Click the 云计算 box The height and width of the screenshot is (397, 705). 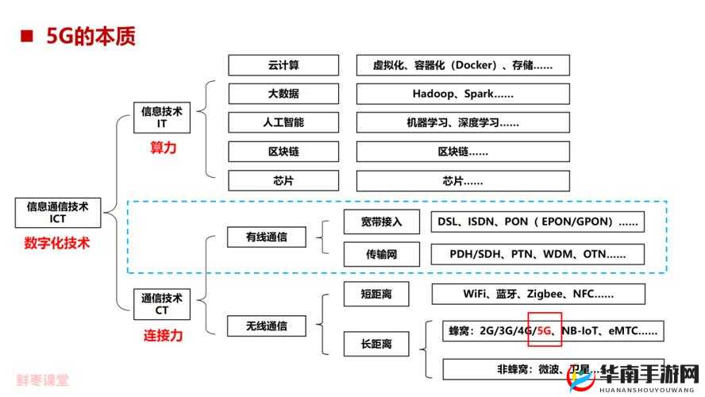pos(283,65)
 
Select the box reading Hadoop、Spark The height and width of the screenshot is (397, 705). pos(463,94)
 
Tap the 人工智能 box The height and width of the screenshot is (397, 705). pos(283,122)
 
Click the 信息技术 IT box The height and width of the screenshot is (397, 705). pos(162,118)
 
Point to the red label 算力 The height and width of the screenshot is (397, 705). pos(163,148)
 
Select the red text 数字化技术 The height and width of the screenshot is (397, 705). pos(57,244)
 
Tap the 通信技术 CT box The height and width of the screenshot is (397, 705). pos(162,305)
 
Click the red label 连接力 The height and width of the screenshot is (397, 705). pos(163,335)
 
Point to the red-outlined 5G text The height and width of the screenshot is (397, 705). pos(545,331)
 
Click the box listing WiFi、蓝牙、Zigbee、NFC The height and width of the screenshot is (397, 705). pos(538,294)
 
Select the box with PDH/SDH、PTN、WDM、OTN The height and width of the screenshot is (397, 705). pos(537,254)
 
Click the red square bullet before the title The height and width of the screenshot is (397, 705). pos(26,36)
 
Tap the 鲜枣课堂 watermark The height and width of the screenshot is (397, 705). pos(42,380)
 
